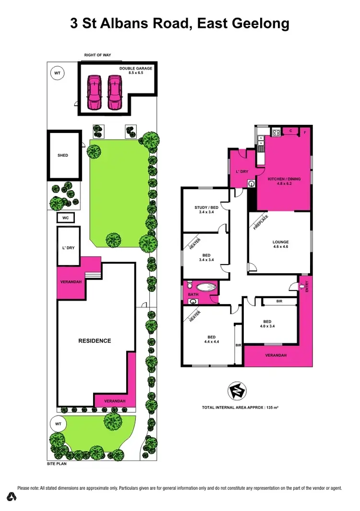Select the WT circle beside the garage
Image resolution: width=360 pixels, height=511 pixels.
coord(57,73)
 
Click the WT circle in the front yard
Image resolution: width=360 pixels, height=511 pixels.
coord(58,424)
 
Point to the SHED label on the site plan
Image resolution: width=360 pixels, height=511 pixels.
coord(63,156)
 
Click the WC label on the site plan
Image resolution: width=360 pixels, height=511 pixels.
coord(65,218)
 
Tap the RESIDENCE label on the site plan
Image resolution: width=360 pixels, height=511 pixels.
coord(95,341)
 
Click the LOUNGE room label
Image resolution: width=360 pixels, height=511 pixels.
coord(280,242)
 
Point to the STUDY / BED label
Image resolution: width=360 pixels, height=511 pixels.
coord(206,207)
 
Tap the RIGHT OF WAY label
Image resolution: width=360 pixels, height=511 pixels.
coord(97,55)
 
